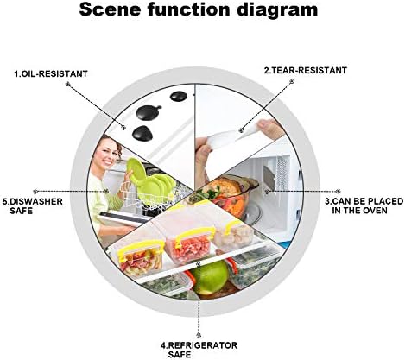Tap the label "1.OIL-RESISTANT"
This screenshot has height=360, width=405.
pos(51,73)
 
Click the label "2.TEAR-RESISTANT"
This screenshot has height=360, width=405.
pos(306,70)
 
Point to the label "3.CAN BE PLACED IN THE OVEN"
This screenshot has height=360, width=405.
pos(364,205)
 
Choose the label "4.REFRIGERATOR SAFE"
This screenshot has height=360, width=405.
pos(199,350)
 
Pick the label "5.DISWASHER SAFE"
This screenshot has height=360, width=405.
pos(33,206)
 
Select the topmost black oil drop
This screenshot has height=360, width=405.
pos(179,96)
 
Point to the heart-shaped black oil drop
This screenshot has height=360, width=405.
pos(143,133)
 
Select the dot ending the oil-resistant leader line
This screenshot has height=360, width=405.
pos(123,127)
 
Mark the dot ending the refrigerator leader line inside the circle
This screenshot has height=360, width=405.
pos(198,264)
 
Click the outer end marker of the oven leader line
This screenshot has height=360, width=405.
pos(339,191)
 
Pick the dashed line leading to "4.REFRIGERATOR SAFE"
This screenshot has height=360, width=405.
pos(199,300)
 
